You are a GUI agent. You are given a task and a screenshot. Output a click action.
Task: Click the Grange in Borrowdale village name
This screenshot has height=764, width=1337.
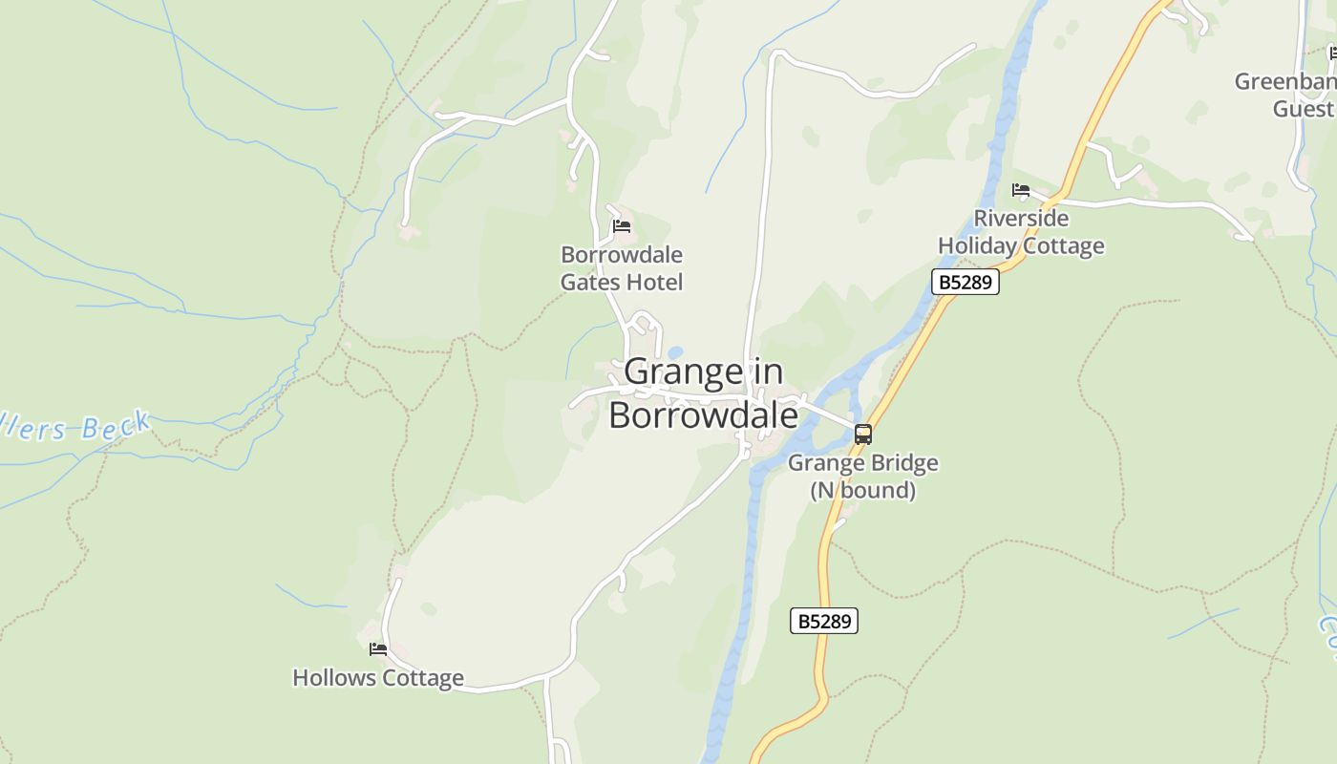[703, 393]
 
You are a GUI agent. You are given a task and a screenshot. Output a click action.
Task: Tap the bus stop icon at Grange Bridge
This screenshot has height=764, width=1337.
[862, 435]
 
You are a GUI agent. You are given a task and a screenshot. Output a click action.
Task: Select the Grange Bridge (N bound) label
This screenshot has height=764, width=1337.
[862, 477]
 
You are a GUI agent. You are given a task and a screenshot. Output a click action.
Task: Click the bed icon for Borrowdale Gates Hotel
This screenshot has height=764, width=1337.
[622, 226]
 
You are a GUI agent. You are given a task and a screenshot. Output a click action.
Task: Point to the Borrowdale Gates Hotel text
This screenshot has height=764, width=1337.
[622, 268]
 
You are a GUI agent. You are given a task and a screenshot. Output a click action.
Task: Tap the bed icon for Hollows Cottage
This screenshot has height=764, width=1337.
[378, 649]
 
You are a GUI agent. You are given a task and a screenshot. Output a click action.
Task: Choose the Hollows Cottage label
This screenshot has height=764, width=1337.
[378, 678]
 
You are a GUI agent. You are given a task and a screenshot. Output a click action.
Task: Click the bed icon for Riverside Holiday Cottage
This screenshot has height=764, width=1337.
[1021, 190]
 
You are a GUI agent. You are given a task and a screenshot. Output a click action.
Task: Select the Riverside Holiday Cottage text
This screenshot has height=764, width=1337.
[1021, 232]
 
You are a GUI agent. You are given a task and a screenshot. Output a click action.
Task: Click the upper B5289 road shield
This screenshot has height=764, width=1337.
[965, 282]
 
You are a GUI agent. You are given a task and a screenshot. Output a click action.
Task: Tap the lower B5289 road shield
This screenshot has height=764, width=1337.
[824, 621]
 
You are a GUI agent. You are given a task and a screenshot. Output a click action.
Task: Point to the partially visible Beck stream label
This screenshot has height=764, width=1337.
[76, 427]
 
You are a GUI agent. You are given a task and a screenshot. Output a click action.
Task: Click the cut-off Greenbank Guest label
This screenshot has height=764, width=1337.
[1289, 95]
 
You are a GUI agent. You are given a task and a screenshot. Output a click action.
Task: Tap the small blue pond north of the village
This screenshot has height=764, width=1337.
[675, 352]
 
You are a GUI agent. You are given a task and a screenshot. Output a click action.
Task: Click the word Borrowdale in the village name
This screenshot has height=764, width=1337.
[703, 415]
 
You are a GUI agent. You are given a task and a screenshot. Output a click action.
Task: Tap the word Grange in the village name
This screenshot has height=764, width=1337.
[683, 371]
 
